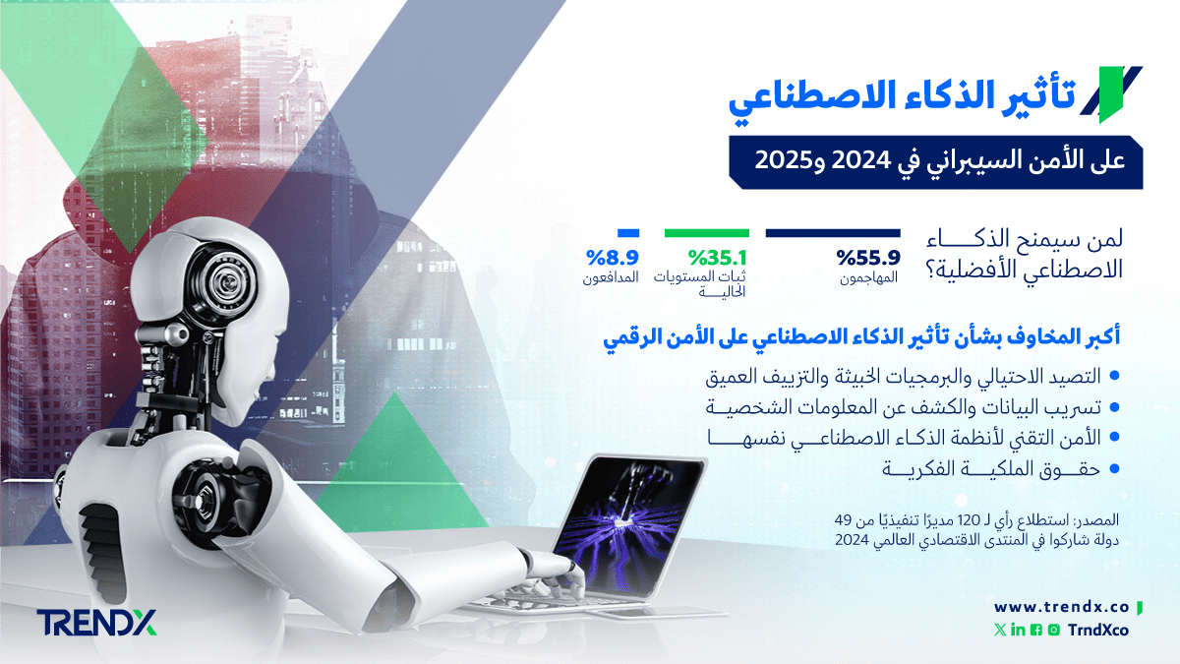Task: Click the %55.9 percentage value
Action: click(868, 258)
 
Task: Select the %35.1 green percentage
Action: click(718, 258)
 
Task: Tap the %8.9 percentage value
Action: click(612, 258)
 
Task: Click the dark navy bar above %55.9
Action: click(833, 233)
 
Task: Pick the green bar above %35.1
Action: click(707, 233)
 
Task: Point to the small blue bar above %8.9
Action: click(628, 233)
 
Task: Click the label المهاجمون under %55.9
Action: click(868, 277)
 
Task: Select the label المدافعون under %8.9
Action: click(611, 277)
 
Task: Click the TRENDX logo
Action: click(97, 623)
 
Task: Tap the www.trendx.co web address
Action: click(1061, 607)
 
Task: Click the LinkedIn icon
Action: click(1018, 630)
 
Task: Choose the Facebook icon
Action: click(1035, 630)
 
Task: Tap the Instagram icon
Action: click(1053, 630)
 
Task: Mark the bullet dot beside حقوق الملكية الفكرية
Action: click(1114, 468)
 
